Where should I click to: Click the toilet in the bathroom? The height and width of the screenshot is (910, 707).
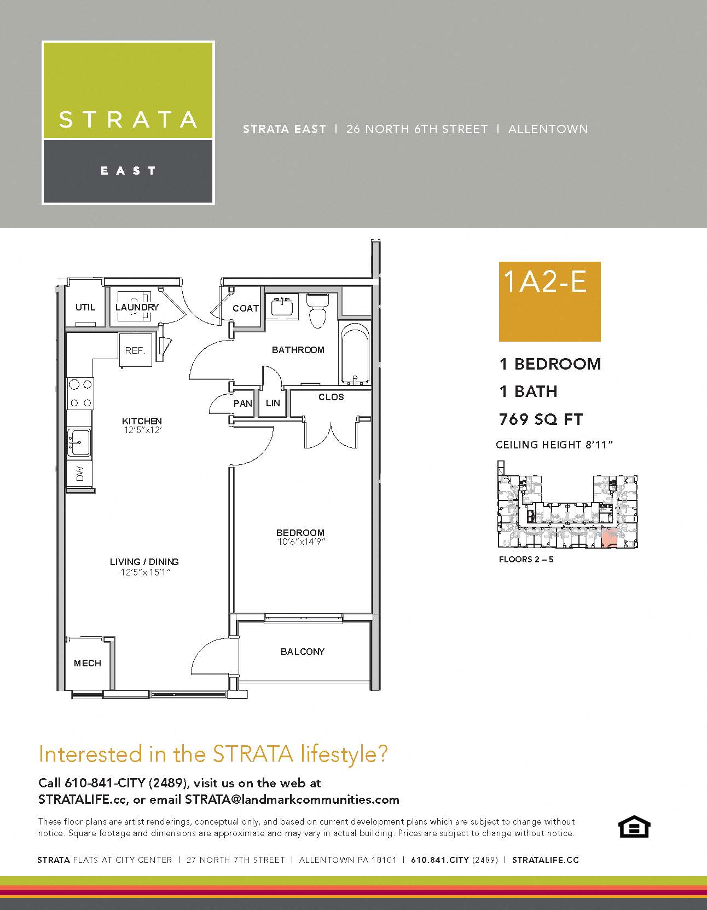317,310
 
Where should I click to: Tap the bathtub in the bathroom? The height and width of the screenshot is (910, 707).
355,354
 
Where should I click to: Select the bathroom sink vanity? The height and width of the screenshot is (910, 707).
282,306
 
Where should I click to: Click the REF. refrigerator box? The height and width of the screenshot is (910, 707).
135,350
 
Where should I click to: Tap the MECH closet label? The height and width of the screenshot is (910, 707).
88,663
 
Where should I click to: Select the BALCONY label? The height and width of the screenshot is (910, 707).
303,652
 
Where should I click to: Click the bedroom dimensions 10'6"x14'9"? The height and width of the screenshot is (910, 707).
300,542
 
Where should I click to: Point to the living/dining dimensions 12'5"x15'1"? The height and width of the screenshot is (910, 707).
144,572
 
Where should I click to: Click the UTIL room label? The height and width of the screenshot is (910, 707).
85,307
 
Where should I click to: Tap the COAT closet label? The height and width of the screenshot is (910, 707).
245,308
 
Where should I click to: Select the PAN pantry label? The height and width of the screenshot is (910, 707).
242,404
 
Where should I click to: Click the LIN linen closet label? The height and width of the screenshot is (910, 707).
273,403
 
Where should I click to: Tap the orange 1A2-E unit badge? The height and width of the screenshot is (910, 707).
549,301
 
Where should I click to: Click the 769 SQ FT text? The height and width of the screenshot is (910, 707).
541,419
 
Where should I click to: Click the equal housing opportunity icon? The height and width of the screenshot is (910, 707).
633,827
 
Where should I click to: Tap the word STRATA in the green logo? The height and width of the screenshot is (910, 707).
128,119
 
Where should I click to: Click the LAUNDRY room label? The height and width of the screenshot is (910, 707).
137,307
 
